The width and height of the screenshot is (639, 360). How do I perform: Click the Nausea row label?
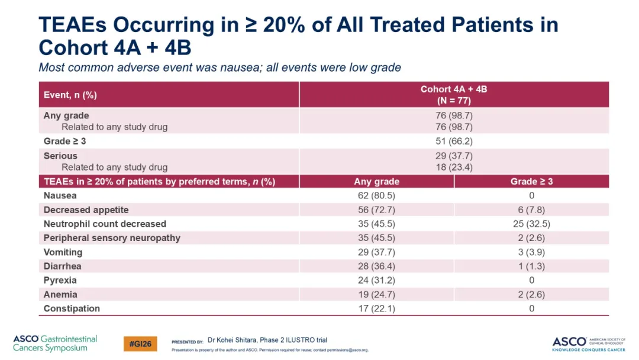60,196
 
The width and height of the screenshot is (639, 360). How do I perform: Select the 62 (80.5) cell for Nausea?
376,196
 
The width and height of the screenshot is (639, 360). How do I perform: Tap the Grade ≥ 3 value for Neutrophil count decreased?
531,224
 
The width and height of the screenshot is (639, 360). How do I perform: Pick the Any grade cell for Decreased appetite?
376,210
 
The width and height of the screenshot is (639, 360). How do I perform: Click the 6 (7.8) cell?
531,210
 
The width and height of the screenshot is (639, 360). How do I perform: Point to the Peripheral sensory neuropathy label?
112,238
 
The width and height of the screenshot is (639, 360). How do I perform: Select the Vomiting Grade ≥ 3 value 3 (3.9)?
531,252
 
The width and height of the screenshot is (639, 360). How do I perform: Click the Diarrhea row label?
62,266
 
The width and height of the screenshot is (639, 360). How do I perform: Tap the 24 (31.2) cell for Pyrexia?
376,281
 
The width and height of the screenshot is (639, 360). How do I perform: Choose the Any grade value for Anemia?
376,294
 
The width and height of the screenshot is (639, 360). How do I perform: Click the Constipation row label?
72,308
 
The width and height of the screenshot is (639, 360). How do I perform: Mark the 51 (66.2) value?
454,142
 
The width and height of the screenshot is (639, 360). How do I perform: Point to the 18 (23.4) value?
454,167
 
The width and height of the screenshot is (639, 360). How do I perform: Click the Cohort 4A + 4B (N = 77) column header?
454,95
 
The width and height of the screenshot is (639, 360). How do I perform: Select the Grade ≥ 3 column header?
531,181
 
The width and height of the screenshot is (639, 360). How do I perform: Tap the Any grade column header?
376,181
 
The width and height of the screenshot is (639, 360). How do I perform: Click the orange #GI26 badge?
140,343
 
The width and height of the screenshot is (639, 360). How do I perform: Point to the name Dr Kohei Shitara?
232,340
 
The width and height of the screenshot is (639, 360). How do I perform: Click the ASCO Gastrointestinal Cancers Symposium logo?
55,343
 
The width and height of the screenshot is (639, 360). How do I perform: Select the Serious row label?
60,156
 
